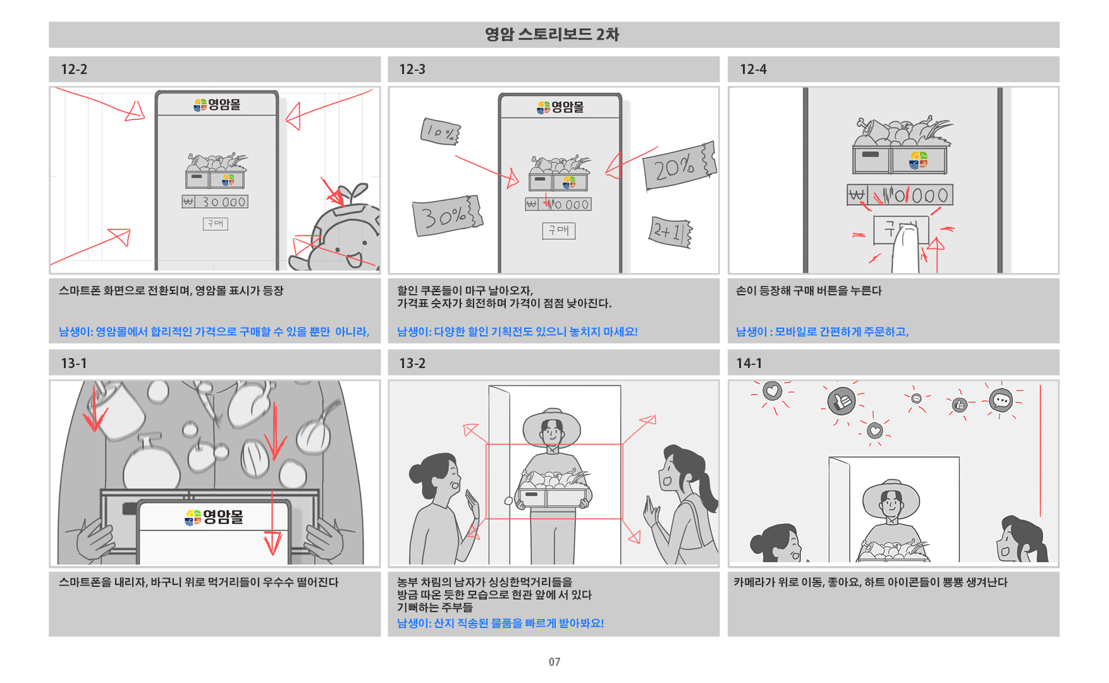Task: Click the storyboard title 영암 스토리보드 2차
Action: pos(552,34)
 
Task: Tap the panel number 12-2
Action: pos(74,70)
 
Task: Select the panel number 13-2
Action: pos(412,364)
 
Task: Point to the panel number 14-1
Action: pos(749,364)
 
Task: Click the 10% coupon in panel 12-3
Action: pos(440,132)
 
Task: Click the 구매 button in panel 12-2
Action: pos(216,223)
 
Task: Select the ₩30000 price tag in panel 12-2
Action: pos(215,202)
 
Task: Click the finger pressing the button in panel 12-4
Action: pos(905,250)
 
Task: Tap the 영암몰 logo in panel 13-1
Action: pos(214,517)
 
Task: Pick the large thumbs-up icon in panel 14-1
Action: pos(842,400)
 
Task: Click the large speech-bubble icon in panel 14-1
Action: pos(1001,400)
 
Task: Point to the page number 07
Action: pos(554,662)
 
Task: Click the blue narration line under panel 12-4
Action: pos(822,331)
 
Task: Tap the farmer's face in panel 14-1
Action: pos(891,505)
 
